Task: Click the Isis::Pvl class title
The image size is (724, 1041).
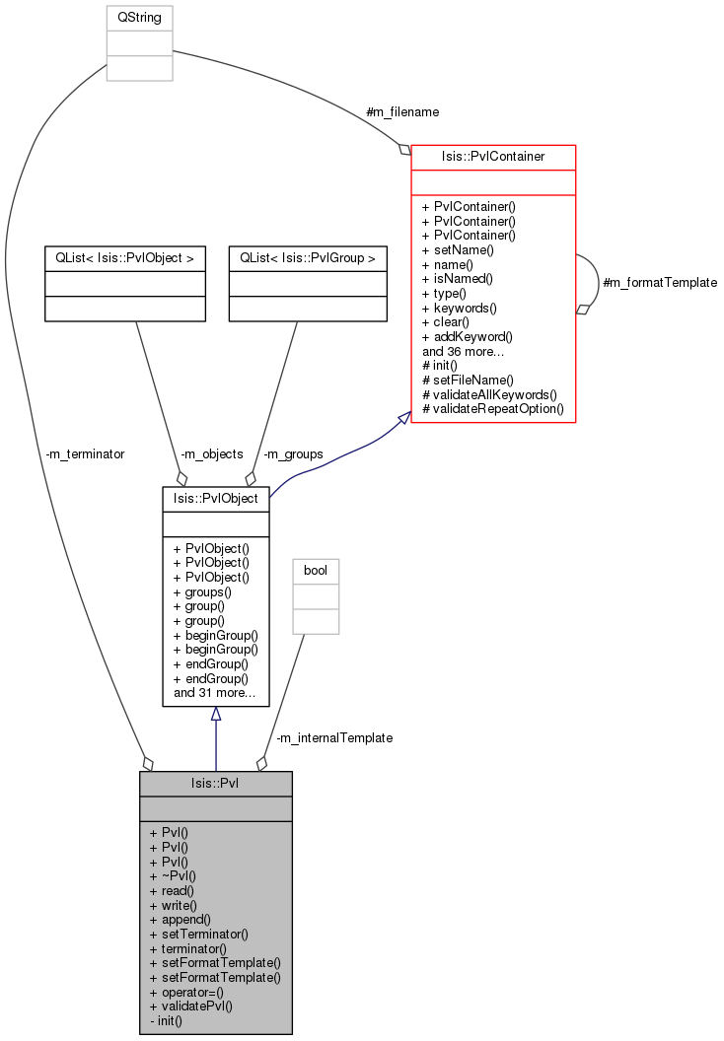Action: [x=215, y=784]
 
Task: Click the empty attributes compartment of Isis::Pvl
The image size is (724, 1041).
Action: [x=215, y=808]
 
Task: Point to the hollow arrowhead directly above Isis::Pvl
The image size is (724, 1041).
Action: [x=215, y=714]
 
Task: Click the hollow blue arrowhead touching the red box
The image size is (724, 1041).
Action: [x=403, y=420]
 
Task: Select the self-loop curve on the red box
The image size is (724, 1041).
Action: [x=597, y=281]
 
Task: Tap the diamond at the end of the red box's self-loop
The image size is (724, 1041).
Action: [x=583, y=310]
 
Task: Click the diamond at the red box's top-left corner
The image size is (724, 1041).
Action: [x=404, y=150]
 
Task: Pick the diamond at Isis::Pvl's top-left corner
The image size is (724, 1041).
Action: [x=148, y=763]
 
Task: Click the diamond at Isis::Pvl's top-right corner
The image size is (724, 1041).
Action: [x=261, y=763]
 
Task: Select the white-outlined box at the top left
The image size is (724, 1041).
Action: [x=139, y=43]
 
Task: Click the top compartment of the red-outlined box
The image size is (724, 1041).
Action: [x=493, y=158]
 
